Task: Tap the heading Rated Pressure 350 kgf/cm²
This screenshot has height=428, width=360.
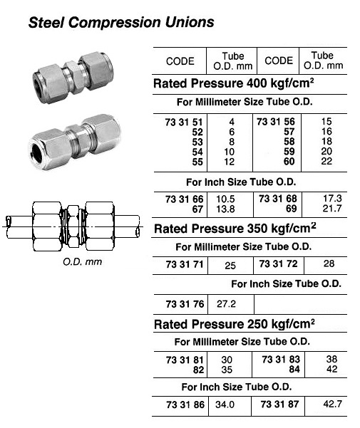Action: coord(235,228)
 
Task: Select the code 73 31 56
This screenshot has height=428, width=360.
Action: coord(278,122)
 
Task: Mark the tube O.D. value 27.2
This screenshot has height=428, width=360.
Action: coord(227,304)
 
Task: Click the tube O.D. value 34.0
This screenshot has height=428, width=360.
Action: coord(227,404)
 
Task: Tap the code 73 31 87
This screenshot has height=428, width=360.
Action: coord(278,404)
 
